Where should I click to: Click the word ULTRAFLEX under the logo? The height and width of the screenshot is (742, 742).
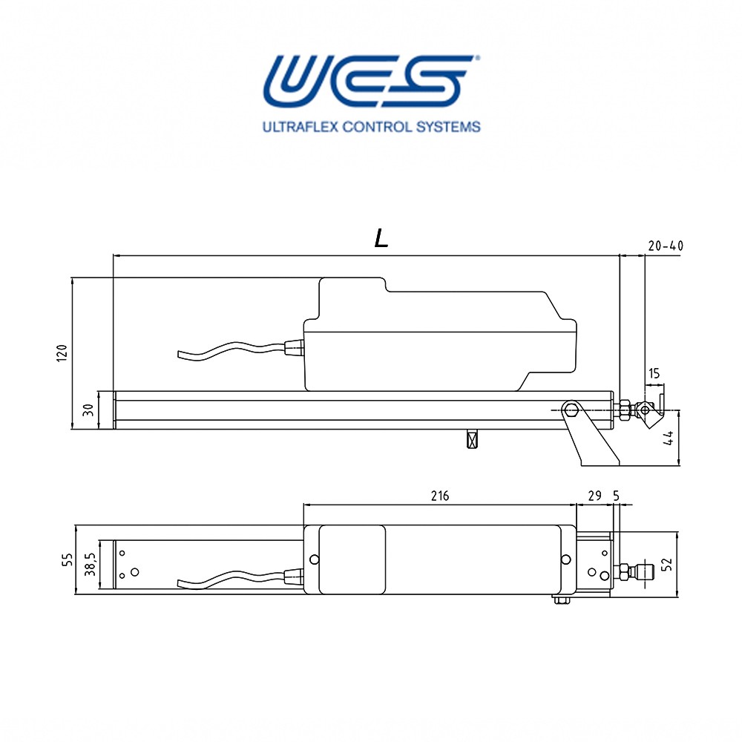(300, 127)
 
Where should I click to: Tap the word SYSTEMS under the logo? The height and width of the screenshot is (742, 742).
(448, 127)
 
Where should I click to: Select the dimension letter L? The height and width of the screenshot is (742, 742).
(381, 238)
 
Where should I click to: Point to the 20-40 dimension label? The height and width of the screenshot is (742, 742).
(666, 246)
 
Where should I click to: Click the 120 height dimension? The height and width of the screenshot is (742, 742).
(62, 353)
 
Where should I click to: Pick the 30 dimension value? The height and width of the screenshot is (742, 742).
(88, 410)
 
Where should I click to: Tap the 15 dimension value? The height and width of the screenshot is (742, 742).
(654, 373)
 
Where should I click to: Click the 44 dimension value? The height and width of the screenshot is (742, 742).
(669, 439)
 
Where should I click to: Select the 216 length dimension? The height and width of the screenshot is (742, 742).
(440, 496)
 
